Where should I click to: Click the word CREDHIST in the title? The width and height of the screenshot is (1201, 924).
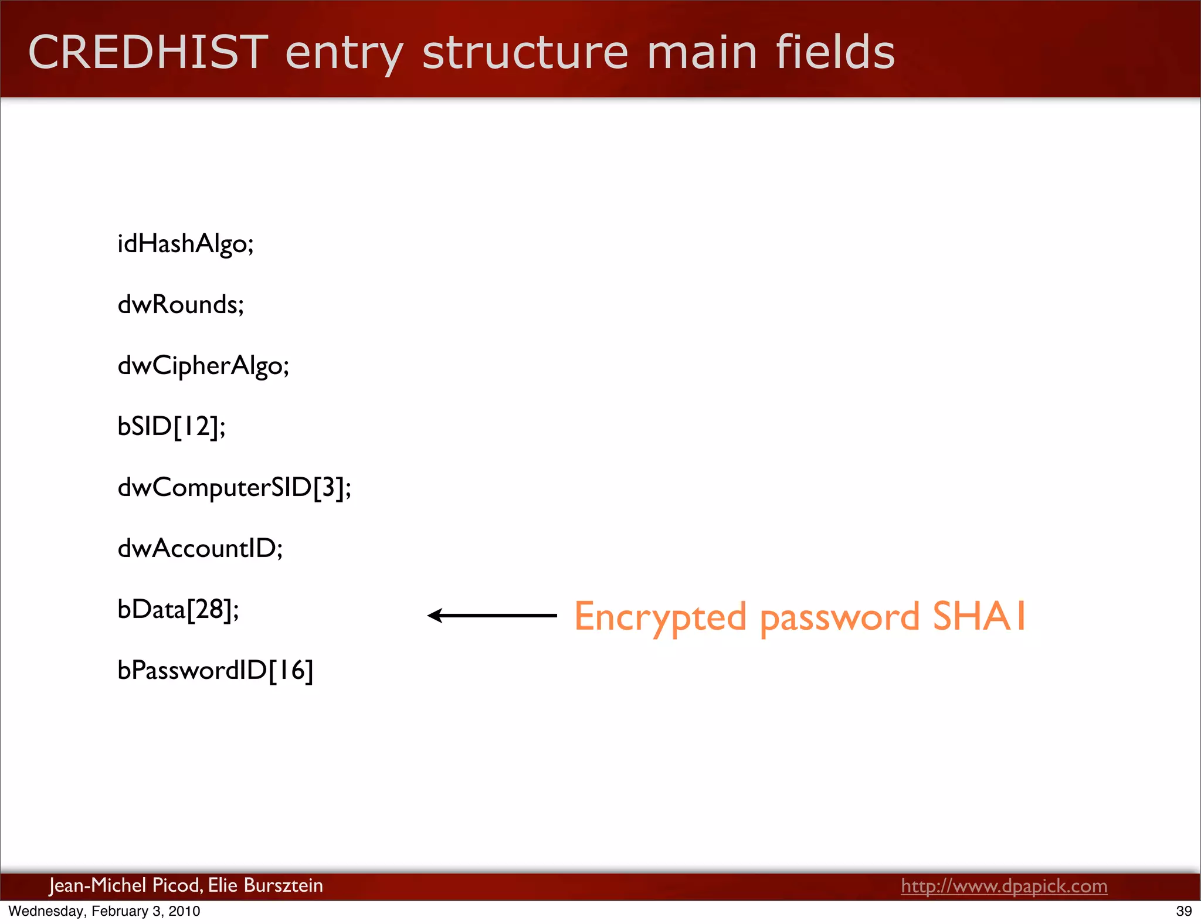(x=148, y=53)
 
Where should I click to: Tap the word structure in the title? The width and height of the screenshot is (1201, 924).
(x=525, y=53)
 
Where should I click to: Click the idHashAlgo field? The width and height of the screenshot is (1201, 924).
(x=185, y=244)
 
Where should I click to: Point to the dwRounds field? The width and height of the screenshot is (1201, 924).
(x=181, y=305)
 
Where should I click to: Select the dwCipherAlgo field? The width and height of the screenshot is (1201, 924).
(x=203, y=366)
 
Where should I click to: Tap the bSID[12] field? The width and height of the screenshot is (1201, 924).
(x=171, y=427)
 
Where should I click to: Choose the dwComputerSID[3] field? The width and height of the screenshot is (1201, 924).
(x=235, y=488)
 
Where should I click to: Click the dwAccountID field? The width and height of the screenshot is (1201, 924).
(x=200, y=549)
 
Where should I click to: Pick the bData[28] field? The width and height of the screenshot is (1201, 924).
(x=178, y=610)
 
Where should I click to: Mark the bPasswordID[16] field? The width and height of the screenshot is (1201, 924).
(x=215, y=671)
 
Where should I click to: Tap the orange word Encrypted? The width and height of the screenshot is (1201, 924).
(x=660, y=617)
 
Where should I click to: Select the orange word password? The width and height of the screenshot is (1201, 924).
(x=839, y=617)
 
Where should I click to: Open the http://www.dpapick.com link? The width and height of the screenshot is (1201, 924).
(x=1004, y=886)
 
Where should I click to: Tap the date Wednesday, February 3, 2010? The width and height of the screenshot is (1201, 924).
(x=104, y=911)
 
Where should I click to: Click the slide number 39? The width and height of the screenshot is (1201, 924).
(x=1183, y=911)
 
